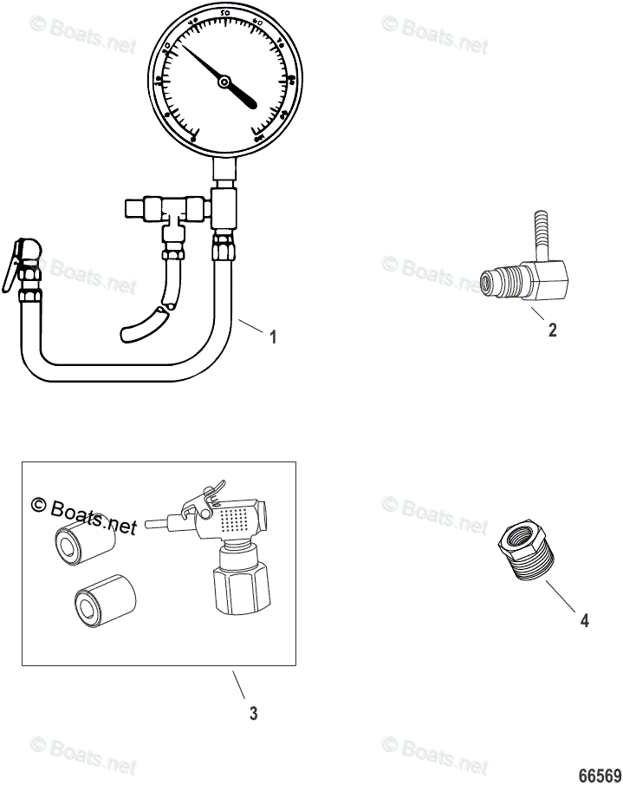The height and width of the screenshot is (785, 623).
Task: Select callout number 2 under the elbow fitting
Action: pyautogui.click(x=552, y=330)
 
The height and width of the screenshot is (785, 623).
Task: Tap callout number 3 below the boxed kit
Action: pyautogui.click(x=253, y=714)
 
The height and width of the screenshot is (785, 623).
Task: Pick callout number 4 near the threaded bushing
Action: pyautogui.click(x=584, y=620)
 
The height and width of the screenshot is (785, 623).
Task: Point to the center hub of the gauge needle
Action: pyautogui.click(x=224, y=82)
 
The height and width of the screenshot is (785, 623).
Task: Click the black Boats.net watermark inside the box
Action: pyautogui.click(x=85, y=514)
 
